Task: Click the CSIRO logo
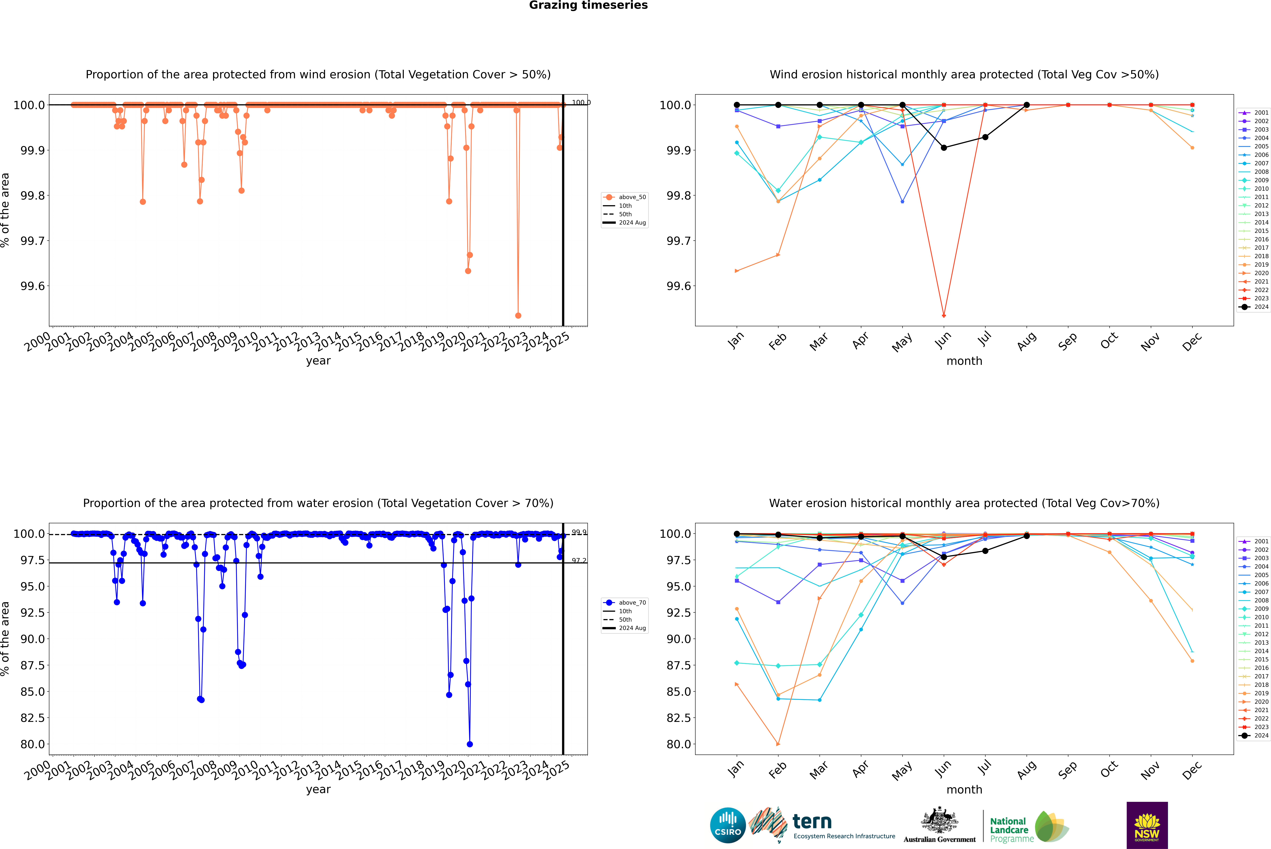pyautogui.click(x=728, y=825)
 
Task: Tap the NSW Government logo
pyautogui.click(x=1147, y=825)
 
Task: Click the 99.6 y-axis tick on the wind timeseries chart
pyautogui.click(x=33, y=286)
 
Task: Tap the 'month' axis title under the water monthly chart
pyautogui.click(x=964, y=789)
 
